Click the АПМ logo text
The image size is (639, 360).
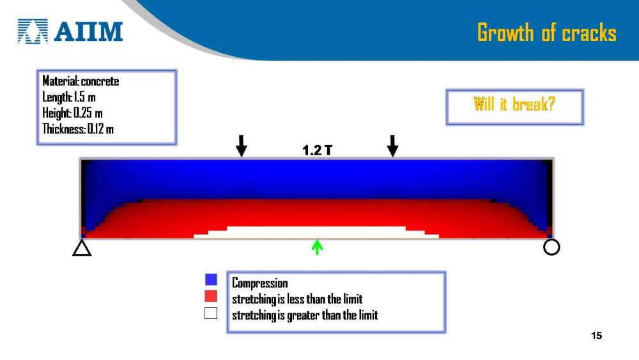point(88,31)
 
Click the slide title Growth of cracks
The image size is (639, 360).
point(546,33)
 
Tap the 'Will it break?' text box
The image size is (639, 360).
point(514,107)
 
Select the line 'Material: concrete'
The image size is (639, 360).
point(81,81)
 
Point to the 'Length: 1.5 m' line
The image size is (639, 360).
point(69,97)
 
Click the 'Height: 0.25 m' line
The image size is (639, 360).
point(72,113)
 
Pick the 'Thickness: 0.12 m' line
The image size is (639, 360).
point(78,129)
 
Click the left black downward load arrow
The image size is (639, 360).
point(242,146)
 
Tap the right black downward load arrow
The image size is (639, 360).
point(392,146)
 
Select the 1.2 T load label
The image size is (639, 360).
point(317,150)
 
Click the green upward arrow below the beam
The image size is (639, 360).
point(317,247)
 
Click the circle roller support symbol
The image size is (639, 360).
point(551,247)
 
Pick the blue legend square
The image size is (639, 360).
point(211,279)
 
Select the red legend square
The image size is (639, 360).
point(211,296)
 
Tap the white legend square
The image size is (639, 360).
point(211,313)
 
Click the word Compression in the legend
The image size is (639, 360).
point(259,283)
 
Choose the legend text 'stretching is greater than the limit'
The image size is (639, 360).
point(305,315)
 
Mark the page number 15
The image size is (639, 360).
point(596,336)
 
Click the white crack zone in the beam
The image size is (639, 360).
point(316,232)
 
